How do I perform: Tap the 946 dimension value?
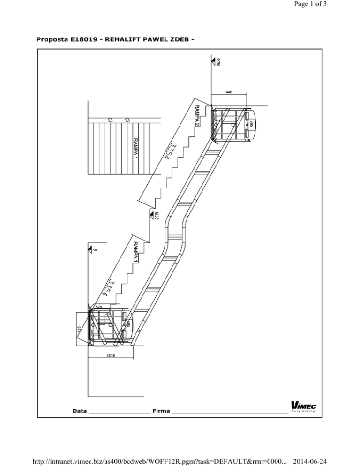pyautogui.click(x=229, y=92)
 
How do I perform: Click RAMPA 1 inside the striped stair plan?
pyautogui.click(x=135, y=148)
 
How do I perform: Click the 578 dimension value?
pyautogui.click(x=99, y=307)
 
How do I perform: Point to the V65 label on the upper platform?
pyautogui.click(x=252, y=124)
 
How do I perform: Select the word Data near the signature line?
pyautogui.click(x=80, y=411)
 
